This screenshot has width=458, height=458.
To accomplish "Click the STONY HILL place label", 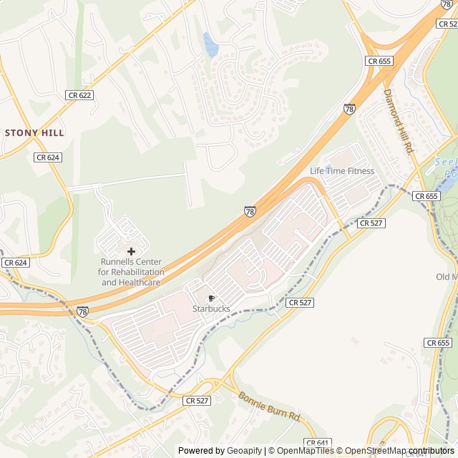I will click(34, 133).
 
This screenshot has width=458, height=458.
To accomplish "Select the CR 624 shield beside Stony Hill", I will click(48, 157).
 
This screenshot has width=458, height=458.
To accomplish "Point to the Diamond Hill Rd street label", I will click(399, 121).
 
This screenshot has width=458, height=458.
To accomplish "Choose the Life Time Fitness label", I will click(341, 171).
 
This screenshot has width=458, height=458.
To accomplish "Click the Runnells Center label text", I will click(132, 272).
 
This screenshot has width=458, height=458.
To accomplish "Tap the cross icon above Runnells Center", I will click(131, 251).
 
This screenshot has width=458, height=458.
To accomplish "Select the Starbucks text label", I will click(211, 308).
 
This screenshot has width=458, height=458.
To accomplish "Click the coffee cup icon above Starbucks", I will click(211, 298).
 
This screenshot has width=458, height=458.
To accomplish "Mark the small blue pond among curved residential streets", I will click(210, 45).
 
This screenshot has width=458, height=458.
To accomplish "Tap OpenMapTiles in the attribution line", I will click(305, 451).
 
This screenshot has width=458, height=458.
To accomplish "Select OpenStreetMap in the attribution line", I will click(376, 451).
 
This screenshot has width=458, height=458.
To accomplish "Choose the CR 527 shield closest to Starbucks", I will click(301, 303).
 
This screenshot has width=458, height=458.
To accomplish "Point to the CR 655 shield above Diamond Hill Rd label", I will click(379, 62).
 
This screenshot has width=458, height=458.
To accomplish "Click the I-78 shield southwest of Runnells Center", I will click(84, 311).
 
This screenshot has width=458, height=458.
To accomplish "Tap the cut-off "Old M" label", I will click(446, 277).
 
